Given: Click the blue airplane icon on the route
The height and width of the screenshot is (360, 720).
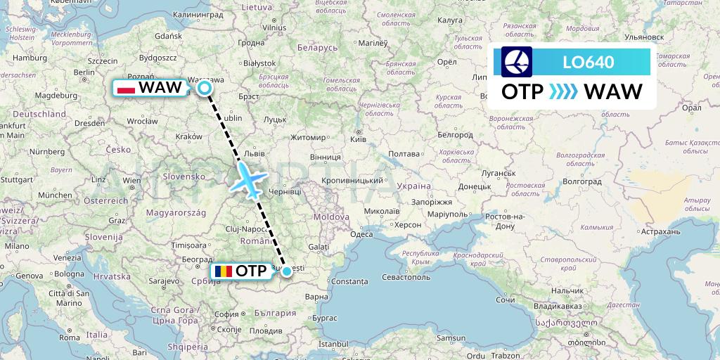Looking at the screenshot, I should (x=248, y=179).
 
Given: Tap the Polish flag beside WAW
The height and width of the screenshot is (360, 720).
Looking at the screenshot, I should (x=126, y=88).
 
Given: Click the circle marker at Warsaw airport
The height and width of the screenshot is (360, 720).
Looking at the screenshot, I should (x=205, y=88).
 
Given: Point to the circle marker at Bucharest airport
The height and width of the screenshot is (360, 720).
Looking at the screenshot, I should (x=287, y=271).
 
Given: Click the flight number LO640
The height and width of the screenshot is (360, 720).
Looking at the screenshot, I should (x=589, y=62).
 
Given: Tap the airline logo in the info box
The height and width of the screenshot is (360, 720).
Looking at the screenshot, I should (x=517, y=62).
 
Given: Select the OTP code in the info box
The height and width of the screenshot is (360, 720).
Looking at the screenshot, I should (x=522, y=92).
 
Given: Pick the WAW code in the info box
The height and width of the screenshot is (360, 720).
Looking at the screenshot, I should (x=613, y=92).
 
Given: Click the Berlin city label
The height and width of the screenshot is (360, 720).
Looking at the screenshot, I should (x=84, y=72).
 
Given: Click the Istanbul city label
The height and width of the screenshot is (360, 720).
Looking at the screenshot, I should (x=333, y=344).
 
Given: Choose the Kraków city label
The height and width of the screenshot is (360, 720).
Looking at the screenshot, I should (x=188, y=136).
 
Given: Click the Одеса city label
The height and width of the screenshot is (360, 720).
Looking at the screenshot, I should (x=361, y=234).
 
